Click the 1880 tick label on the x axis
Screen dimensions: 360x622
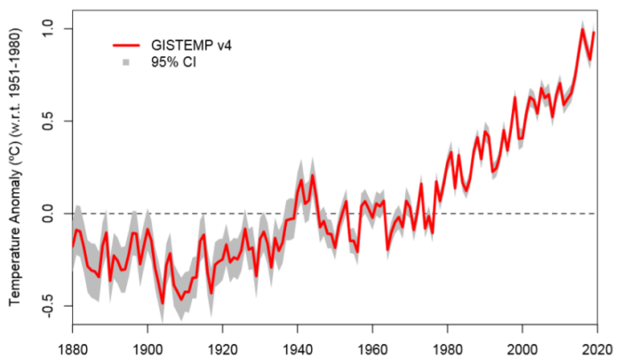pyautogui.click(x=72, y=349)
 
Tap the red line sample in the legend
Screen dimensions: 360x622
pyautogui.click(x=127, y=44)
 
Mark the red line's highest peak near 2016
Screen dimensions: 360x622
pyautogui.click(x=583, y=29)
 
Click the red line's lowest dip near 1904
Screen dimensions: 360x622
pyautogui.click(x=163, y=303)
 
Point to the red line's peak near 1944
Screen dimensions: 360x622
pyautogui.click(x=313, y=176)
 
